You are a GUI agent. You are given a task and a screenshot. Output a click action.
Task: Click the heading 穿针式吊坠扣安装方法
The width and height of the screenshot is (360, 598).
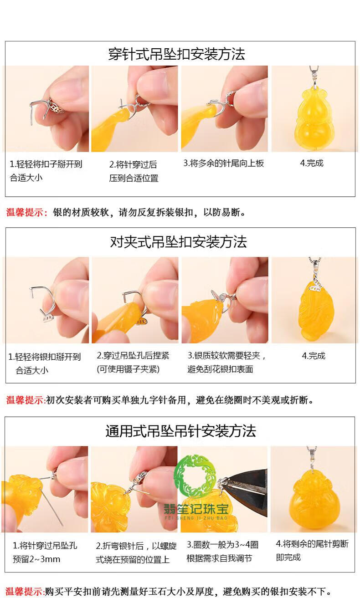176,54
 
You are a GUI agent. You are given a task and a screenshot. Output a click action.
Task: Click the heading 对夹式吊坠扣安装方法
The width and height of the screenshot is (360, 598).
178,242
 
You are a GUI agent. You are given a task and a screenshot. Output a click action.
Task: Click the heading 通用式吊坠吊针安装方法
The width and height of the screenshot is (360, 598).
180,431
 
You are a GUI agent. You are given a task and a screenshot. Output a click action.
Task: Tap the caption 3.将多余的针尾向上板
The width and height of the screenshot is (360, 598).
224,163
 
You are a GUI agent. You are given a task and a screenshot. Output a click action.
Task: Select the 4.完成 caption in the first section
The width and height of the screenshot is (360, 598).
312,163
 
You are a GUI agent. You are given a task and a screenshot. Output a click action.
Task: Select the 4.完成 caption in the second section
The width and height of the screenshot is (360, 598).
314,356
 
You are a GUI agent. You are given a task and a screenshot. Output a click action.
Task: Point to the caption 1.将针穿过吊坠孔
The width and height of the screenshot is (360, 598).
45,546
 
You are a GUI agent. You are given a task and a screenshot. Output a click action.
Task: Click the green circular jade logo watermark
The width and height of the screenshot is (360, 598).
195,476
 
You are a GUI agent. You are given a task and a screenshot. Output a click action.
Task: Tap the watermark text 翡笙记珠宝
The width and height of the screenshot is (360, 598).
196,509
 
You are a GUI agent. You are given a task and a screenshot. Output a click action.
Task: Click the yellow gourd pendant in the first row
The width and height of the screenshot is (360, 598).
314,118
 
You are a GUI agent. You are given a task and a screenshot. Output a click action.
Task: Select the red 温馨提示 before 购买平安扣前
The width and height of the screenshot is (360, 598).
25,591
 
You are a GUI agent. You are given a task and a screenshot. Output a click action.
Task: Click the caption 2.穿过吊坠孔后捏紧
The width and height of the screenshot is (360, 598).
133,356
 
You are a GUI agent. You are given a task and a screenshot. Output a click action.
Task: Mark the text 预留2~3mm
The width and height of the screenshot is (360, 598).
36,559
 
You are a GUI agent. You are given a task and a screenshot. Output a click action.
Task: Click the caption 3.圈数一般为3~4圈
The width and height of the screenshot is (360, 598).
222,545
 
